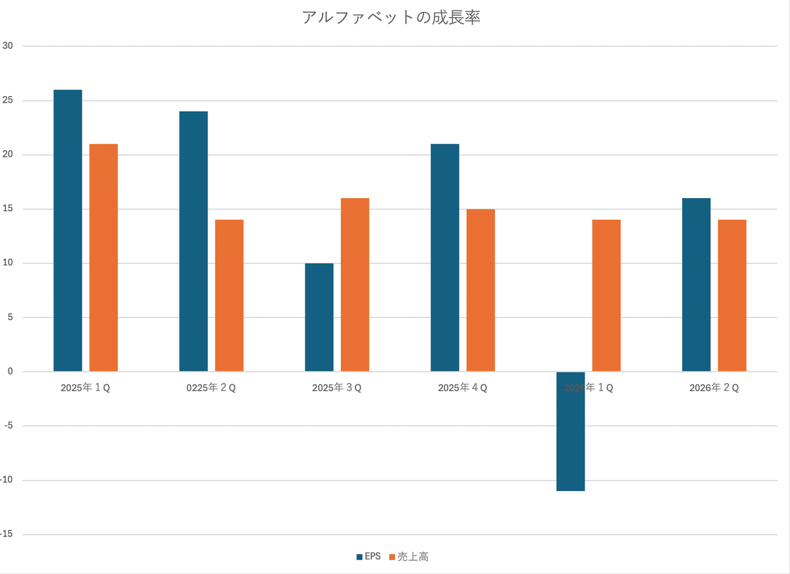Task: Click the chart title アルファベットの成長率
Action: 390,18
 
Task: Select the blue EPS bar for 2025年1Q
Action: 68,230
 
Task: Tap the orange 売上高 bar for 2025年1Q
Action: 103,257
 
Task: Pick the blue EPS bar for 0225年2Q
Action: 194,242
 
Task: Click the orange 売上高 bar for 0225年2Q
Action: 229,296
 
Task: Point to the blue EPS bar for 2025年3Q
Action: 319,317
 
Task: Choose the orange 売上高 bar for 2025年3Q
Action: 355,285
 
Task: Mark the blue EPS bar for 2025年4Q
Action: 445,257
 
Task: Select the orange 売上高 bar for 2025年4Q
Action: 481,290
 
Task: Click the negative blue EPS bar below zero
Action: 570,431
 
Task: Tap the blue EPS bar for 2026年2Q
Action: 696,285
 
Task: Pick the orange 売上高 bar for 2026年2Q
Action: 732,296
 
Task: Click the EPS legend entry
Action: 369,557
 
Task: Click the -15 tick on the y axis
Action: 9,535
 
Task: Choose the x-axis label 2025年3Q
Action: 336,388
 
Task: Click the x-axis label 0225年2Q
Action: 211,388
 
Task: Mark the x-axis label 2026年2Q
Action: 714,388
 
